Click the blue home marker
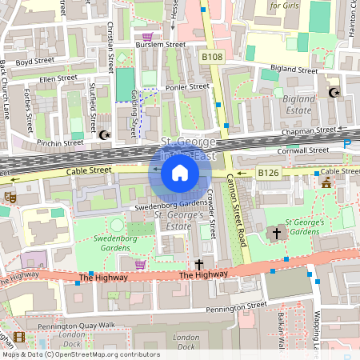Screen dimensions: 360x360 [x=180, y=172]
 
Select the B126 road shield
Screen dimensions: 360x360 [x=267, y=172]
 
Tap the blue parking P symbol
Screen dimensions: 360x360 [x=347, y=144]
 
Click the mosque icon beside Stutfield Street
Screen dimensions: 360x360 [x=104, y=134]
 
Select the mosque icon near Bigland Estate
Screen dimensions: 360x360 [x=334, y=93]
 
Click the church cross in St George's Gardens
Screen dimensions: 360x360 [x=277, y=234]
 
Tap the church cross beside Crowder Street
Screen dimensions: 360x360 [x=199, y=264]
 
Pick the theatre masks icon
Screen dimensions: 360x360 [x=10, y=196]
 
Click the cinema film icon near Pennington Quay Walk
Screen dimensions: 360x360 [x=19, y=337]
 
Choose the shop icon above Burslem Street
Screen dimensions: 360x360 [x=147, y=36]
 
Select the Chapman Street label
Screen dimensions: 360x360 [x=308, y=130]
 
